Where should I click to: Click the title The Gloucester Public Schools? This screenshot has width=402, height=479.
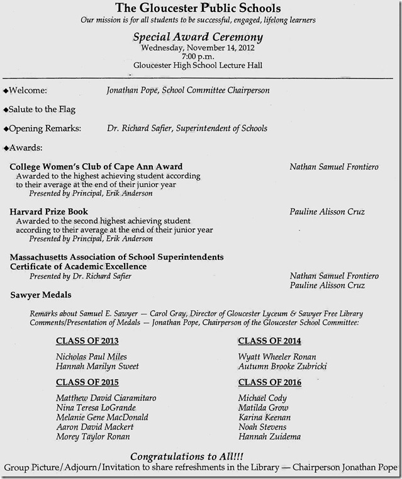coord(198,8)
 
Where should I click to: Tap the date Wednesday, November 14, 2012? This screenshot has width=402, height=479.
coord(198,47)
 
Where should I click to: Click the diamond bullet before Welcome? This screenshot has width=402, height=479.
coord(6,91)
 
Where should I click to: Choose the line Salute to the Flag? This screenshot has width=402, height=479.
coord(42,110)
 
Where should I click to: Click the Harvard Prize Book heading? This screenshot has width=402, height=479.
coord(49,211)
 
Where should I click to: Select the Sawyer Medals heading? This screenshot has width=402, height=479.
coord(41,295)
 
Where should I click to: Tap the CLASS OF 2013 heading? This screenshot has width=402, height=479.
coord(87,341)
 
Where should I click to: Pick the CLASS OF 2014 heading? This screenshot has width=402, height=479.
coord(269,341)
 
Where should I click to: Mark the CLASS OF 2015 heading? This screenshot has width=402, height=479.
coord(87,382)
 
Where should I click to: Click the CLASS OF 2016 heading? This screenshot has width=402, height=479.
coord(269,382)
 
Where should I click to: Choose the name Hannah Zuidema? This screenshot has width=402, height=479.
coord(269,437)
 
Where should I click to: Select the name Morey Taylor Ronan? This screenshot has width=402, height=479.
coord(93,437)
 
